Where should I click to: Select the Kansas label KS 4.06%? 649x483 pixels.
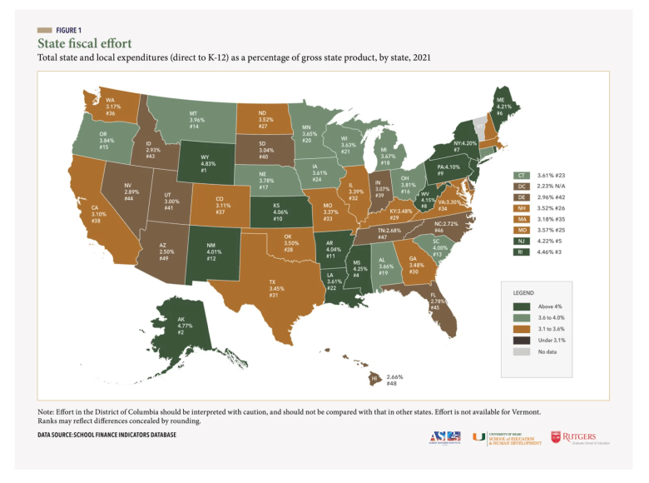[x=277, y=212]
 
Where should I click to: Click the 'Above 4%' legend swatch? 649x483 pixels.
[x=518, y=306]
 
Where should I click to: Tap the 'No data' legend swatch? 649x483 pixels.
[x=518, y=353]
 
